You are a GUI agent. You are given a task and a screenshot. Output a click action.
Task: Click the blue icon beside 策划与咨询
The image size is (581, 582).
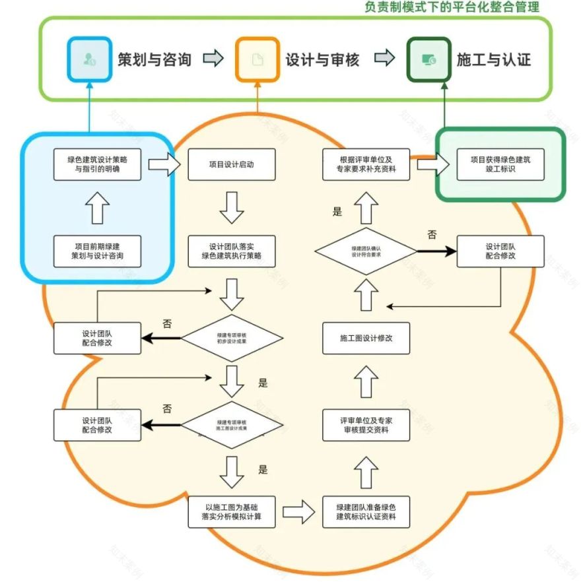pos(88,59)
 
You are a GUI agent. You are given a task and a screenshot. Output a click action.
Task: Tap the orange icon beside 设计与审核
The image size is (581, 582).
pos(257,59)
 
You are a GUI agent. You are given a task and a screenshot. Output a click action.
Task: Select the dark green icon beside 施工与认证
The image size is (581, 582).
pos(428,59)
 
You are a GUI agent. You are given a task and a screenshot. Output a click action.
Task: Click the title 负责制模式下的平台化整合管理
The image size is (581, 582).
pos(452,7)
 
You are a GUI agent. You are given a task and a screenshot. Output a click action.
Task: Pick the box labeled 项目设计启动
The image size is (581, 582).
pos(231,164)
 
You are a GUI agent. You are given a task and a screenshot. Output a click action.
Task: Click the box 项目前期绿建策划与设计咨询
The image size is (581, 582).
pos(97,251)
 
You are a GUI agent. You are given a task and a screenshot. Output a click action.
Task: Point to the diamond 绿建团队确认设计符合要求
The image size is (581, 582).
pos(365,251)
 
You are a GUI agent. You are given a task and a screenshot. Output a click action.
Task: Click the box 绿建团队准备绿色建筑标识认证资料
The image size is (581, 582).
pos(366,512)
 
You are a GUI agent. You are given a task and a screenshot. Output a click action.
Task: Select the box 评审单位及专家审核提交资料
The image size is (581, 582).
pos(366,425)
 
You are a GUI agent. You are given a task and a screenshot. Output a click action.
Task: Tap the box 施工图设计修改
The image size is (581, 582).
pos(366,338)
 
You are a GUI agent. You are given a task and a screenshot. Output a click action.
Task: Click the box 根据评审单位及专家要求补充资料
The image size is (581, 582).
pos(366,164)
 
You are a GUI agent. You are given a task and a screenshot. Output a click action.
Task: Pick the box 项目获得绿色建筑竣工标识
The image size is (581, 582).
pos(500,164)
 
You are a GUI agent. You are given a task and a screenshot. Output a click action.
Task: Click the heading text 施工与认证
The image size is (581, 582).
pos(493,59)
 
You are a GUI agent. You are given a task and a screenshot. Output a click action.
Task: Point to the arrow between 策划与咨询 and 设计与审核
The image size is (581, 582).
pos(213,59)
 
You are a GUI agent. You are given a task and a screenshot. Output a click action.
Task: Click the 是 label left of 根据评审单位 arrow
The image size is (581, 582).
pos(337,212)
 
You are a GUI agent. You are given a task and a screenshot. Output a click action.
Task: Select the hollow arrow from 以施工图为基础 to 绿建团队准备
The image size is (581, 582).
pos(298,511)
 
